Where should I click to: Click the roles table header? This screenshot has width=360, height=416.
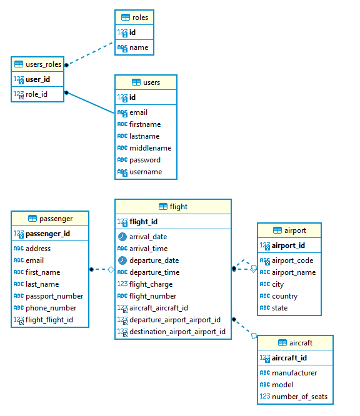tap(134, 17)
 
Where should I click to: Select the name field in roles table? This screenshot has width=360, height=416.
tap(139, 47)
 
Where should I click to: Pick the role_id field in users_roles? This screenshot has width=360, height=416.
tap(36, 94)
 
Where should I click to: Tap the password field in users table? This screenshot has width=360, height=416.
tap(144, 160)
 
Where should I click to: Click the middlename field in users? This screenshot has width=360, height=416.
tap(150, 148)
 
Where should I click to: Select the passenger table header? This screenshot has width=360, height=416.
tap(50, 219)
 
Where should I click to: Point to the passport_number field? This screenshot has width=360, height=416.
tap(54, 296)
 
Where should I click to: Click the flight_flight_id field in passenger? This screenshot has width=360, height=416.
tap(49, 320)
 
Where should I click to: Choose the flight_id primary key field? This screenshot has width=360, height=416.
tap(143, 222)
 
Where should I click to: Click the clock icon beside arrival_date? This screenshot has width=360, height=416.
tap(122, 237)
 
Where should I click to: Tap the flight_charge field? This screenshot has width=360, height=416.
tap(151, 284)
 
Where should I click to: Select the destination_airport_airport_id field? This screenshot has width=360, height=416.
tap(177, 332)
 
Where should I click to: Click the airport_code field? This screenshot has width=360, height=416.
tap(292, 260)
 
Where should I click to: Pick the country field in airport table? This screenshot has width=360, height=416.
tap(284, 296)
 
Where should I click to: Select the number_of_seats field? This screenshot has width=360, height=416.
tap(299, 397)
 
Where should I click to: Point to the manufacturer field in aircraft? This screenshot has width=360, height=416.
tap(294, 373)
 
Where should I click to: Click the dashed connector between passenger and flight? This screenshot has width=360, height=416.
tap(102, 269)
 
